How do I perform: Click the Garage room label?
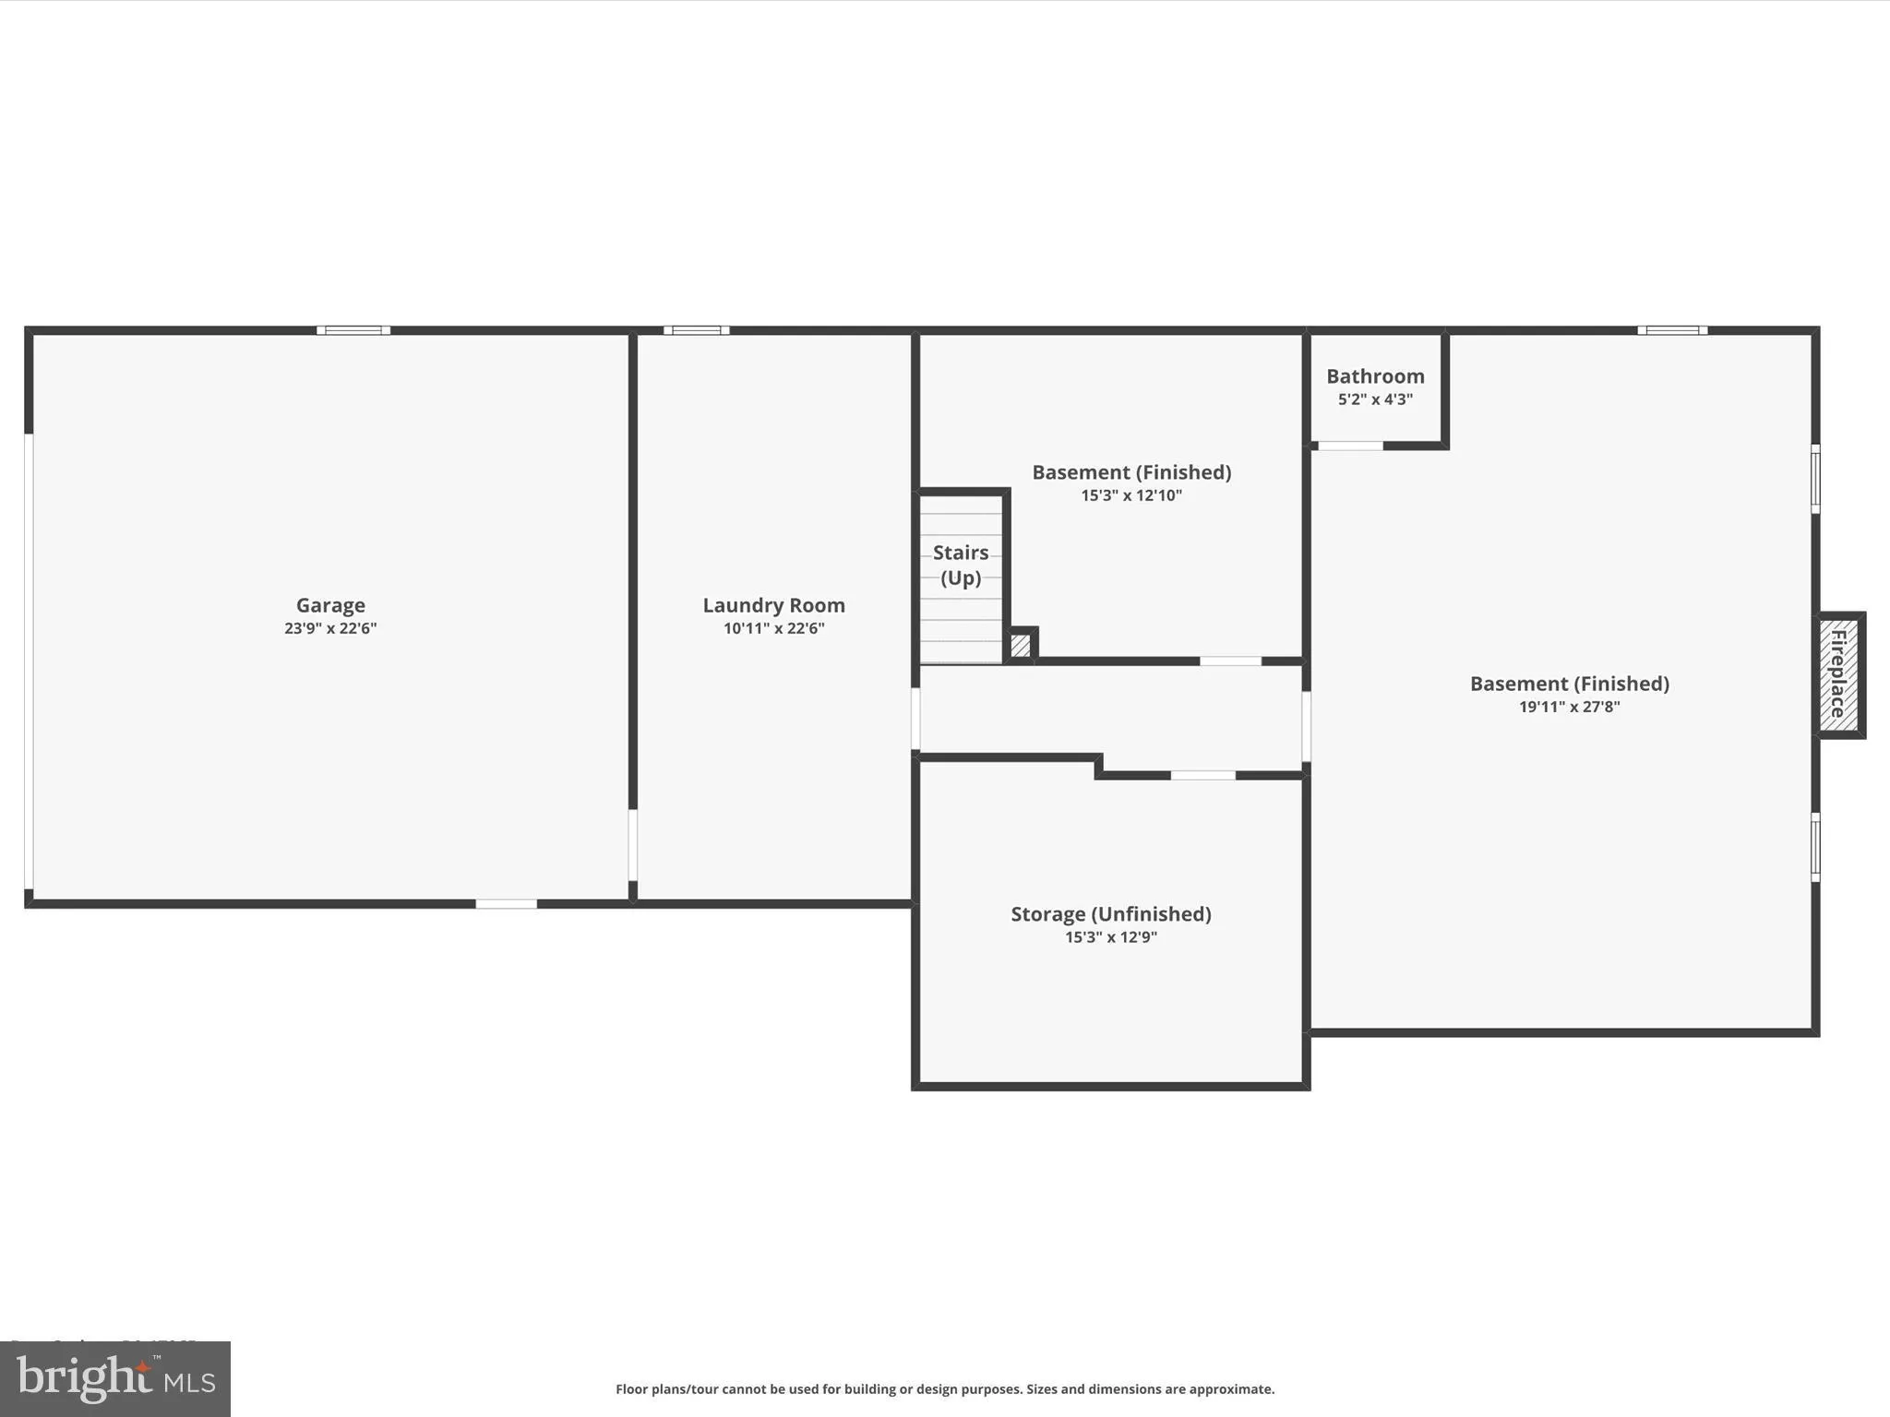click(x=330, y=605)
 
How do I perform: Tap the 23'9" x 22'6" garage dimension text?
click(x=330, y=628)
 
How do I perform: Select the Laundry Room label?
click(x=773, y=605)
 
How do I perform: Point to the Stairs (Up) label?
click(x=961, y=565)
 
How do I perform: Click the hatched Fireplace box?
click(x=1838, y=674)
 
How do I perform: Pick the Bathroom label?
click(x=1375, y=376)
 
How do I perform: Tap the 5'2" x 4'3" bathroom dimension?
click(x=1375, y=399)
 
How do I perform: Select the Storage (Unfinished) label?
click(x=1110, y=913)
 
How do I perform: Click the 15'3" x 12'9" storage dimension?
click(x=1110, y=937)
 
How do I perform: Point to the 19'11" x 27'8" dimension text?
click(x=1569, y=707)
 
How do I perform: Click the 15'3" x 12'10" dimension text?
click(x=1131, y=495)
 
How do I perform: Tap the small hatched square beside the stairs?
click(x=1021, y=645)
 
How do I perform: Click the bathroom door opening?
click(x=1350, y=446)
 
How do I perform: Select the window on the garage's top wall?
click(x=353, y=330)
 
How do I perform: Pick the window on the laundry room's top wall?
click(x=697, y=330)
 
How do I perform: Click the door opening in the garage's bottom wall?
click(x=506, y=904)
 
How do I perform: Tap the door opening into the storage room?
click(x=1203, y=776)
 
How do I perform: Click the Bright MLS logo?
click(x=115, y=1378)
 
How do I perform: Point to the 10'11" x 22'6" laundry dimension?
click(x=773, y=628)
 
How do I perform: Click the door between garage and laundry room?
click(x=633, y=845)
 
